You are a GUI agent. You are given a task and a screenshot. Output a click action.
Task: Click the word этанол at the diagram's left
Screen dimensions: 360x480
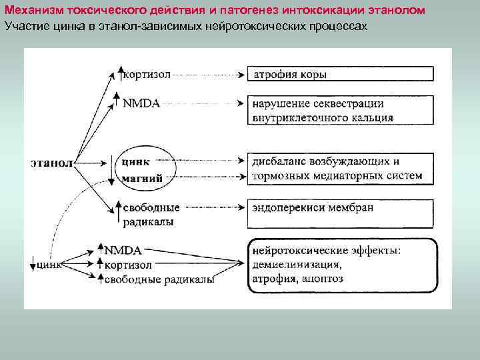point(51,161)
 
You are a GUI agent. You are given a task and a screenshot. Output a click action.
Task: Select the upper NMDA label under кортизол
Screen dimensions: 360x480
point(142,103)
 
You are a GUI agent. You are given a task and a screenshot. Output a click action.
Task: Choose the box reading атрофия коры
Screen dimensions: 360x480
point(341,74)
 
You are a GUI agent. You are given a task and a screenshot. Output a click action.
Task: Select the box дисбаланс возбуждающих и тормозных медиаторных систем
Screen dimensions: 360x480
point(341,169)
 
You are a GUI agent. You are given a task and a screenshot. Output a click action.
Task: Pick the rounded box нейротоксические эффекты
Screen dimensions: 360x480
point(341,265)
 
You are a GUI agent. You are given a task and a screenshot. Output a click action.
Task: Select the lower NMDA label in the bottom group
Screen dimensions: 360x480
point(123,251)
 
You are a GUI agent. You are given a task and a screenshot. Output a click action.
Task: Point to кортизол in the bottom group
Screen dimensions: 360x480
point(128,265)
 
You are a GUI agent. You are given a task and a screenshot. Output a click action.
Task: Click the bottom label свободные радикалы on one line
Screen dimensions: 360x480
point(159,279)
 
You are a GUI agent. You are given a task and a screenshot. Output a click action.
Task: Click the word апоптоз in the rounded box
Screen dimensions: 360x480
point(322,279)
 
